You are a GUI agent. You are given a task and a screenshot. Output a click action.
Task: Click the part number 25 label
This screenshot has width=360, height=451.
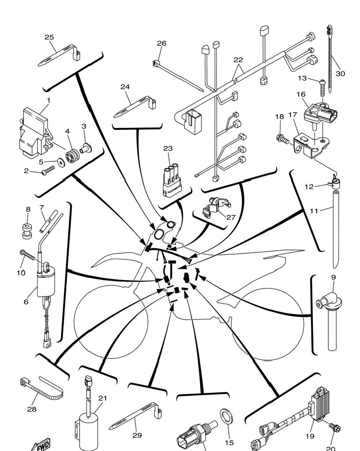click(x=49, y=37)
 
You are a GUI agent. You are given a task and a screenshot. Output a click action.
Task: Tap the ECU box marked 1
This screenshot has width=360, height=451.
click(x=36, y=132)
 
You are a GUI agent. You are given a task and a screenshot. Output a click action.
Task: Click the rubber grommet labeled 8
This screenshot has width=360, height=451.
click(x=27, y=231)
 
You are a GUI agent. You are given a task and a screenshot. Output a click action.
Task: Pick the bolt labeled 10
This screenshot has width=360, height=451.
click(x=27, y=255)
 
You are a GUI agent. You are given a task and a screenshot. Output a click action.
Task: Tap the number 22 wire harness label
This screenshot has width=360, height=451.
click(x=238, y=60)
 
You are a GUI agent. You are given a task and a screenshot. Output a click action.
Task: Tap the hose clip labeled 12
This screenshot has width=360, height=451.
click(x=334, y=183)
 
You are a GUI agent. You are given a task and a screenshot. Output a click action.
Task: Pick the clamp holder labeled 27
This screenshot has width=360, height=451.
click(x=216, y=207)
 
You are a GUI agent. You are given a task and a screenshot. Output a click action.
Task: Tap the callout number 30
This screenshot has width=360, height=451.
click(x=340, y=74)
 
